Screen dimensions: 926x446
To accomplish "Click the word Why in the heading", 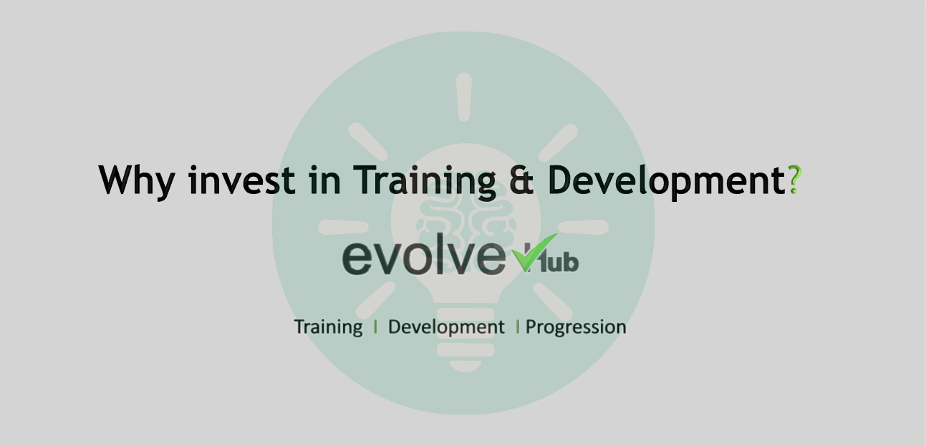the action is tap(136, 180).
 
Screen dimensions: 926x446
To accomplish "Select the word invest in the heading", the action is tap(242, 180).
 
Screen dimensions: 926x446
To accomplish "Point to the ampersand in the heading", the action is tap(521, 180).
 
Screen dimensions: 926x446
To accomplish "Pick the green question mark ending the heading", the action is tap(794, 180).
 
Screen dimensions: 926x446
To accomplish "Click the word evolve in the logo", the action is tap(424, 254).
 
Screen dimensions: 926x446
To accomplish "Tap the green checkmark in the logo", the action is tap(534, 252).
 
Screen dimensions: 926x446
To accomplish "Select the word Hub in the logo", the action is tap(552, 259).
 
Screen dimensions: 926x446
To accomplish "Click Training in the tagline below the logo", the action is tap(329, 327).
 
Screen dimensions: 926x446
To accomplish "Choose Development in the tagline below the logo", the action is tap(446, 327).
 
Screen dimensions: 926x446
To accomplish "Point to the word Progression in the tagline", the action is tap(576, 327).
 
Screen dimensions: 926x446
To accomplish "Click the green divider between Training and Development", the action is tap(375, 327).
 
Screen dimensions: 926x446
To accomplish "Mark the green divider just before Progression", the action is tap(518, 327).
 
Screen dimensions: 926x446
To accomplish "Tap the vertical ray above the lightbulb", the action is tap(464, 97).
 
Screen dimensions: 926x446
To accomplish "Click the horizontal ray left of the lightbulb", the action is tap(343, 228).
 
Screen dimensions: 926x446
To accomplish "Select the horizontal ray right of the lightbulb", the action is tap(583, 227).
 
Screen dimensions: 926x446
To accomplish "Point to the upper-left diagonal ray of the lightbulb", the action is tap(368, 142).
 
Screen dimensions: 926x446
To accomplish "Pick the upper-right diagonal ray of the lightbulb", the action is tap(558, 142).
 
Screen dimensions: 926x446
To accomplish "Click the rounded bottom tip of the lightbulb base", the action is tap(466, 367).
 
